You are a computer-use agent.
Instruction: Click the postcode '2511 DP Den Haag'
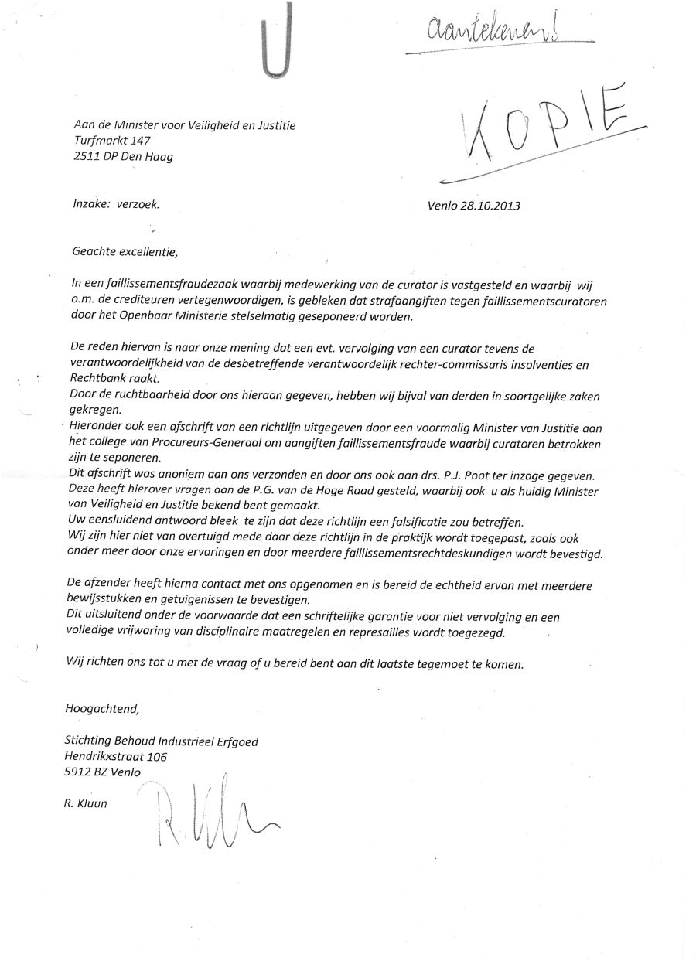pyautogui.click(x=124, y=157)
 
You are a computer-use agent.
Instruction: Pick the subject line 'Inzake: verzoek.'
pyautogui.click(x=116, y=205)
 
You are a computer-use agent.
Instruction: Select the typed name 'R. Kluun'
pyautogui.click(x=85, y=803)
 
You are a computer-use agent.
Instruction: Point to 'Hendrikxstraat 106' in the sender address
pyautogui.click(x=115, y=757)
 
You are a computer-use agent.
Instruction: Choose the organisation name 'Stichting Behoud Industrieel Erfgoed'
pyautogui.click(x=161, y=741)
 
